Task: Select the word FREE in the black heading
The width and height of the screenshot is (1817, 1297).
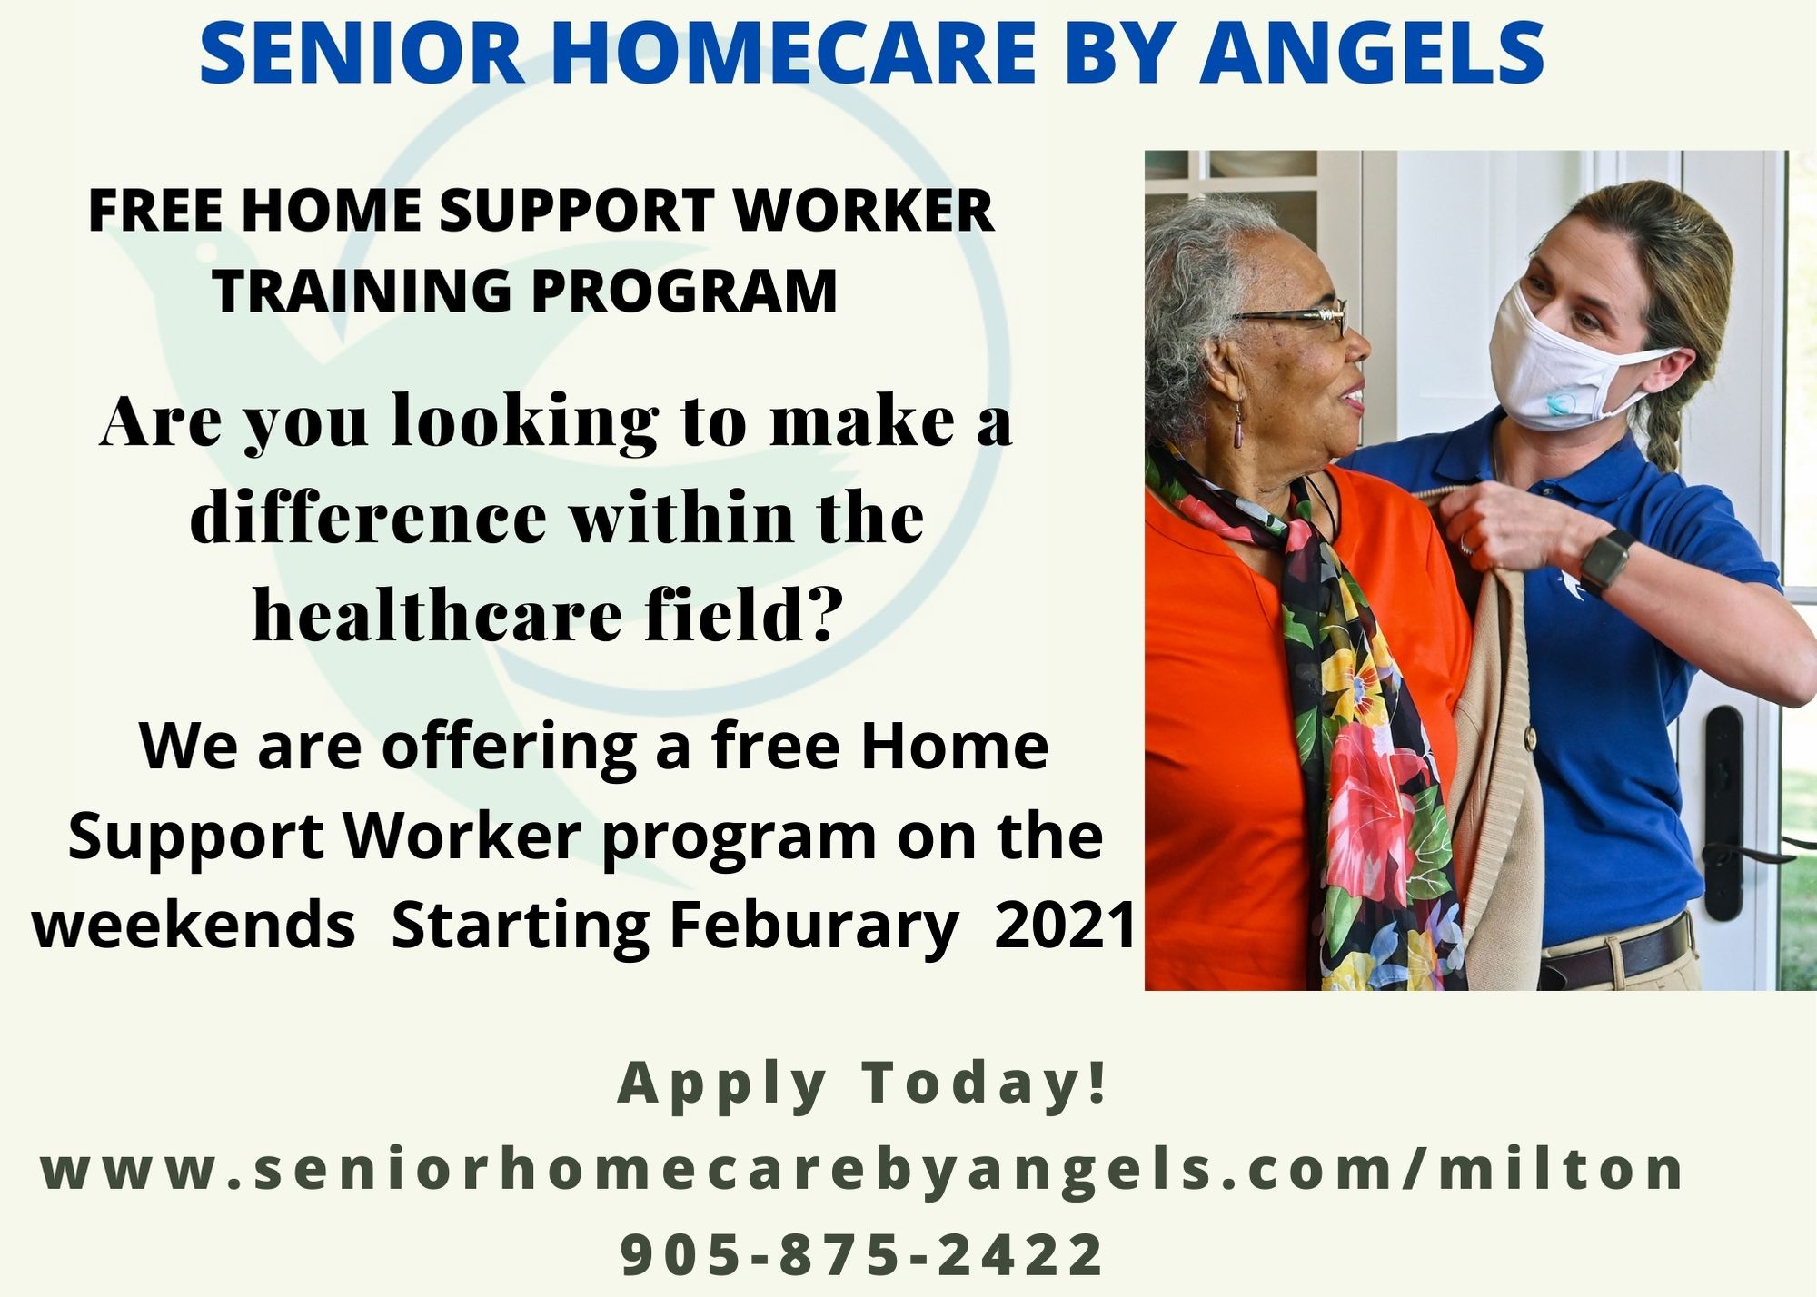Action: pos(155,211)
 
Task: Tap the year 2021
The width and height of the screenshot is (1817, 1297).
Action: pos(1065,925)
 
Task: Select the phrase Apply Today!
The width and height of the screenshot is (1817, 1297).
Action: pos(863,1084)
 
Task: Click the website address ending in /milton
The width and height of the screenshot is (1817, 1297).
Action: pos(862,1169)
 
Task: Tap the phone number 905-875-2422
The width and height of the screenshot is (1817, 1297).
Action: pos(862,1254)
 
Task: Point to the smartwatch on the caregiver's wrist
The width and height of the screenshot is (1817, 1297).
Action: pos(1604,561)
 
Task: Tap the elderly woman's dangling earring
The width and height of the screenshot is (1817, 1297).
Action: pos(1238,427)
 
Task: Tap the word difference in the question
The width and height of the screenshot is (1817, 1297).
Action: pos(368,517)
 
